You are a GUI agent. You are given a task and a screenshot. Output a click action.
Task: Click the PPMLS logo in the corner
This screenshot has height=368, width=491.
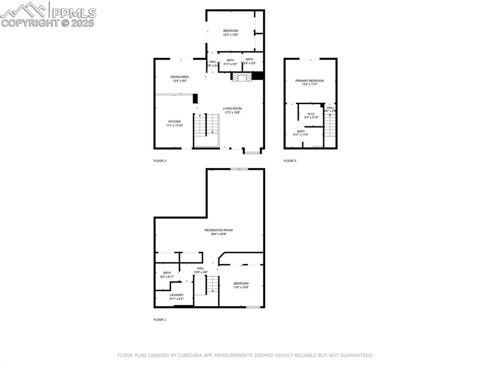[48, 14]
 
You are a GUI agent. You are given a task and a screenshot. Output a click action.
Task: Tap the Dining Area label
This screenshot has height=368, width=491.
[180, 77]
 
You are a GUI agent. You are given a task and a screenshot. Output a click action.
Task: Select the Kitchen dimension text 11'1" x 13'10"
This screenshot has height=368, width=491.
[174, 125]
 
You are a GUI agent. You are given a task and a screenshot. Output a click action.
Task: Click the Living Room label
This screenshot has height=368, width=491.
[232, 108]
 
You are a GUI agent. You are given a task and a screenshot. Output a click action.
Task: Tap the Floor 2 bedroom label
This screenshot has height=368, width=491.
[230, 31]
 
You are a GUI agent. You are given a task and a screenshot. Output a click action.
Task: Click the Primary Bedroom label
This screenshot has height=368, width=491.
[309, 81]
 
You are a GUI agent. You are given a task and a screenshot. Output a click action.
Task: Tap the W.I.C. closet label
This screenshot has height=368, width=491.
[311, 114]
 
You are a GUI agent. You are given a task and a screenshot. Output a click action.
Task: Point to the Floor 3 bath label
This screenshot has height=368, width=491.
[301, 131]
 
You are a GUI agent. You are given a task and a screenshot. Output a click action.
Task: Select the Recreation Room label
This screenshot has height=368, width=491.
[219, 230]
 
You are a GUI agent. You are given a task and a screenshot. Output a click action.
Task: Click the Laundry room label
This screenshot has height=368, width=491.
[176, 295]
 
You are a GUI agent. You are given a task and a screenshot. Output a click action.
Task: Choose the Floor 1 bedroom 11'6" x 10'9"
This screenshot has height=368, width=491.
[241, 284]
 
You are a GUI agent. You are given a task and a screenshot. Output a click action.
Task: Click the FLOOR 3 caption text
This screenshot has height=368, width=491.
[290, 161]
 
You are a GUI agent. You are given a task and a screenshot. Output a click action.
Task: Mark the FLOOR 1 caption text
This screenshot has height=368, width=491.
[160, 320]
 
